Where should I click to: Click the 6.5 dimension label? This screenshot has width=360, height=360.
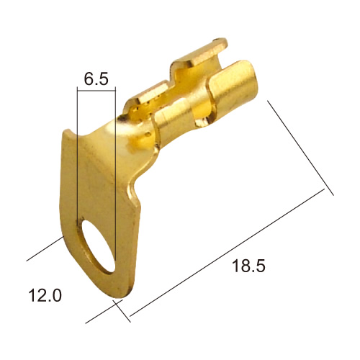click(x=96, y=78)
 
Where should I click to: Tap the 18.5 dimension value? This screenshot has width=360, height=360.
click(x=248, y=266)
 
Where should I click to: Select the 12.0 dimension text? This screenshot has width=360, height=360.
click(x=45, y=295)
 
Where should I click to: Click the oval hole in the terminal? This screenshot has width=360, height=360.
click(x=98, y=246)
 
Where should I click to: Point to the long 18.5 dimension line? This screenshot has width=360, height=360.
click(x=227, y=252)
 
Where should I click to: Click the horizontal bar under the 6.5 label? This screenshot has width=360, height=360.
click(x=96, y=91)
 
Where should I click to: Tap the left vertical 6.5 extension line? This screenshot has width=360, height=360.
click(x=77, y=153)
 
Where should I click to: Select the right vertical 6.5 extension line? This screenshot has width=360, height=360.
click(x=115, y=174)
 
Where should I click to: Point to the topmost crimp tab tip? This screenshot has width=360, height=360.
click(x=220, y=42)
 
